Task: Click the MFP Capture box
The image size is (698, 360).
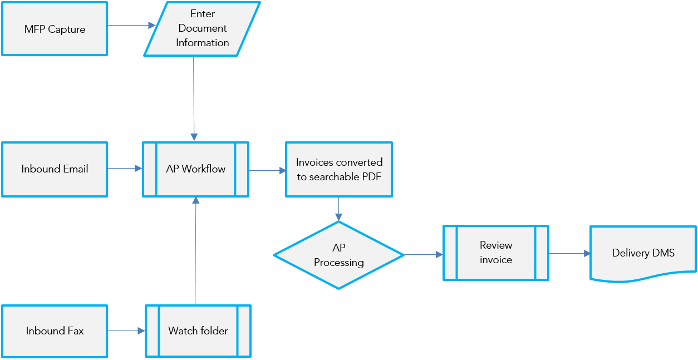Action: pos(55,29)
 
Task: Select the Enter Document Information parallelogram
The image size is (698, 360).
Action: pos(201,29)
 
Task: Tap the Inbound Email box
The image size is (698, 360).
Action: pos(55,169)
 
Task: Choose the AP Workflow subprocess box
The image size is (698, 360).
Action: pos(195,169)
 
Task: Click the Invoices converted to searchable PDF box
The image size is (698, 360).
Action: pos(338,169)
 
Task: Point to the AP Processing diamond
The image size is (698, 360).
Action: pos(338,255)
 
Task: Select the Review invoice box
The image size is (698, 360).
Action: pos(495,253)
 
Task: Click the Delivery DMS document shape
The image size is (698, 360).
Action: pos(643,253)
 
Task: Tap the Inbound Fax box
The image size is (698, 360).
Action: pos(55,331)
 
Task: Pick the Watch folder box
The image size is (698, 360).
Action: pos(198,331)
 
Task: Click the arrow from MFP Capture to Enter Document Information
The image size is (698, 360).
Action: pos(131,26)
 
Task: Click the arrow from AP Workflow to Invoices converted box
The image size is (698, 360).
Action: pos(267,171)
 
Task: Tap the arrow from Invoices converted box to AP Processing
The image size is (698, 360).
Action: pos(338,209)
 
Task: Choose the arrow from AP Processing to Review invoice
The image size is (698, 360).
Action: pos(423,255)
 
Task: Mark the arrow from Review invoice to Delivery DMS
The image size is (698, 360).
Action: pos(569,253)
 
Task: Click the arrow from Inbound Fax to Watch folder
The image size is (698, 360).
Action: pos(126,331)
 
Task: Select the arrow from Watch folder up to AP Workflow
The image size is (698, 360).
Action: pos(195,250)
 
